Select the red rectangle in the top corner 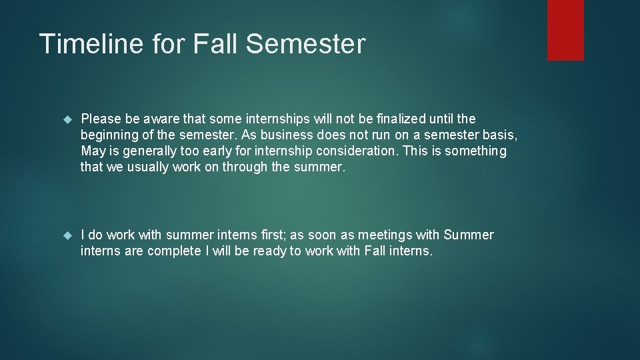(565, 30)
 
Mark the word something (475, 151)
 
